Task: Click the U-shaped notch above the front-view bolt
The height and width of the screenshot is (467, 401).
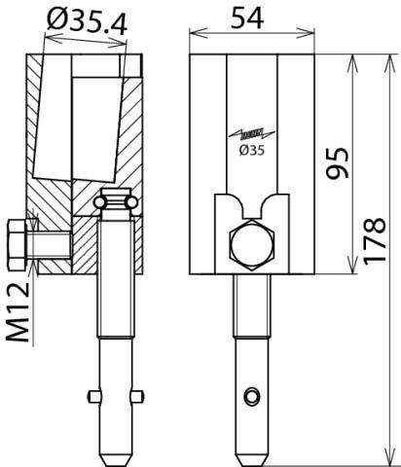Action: tap(250, 209)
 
